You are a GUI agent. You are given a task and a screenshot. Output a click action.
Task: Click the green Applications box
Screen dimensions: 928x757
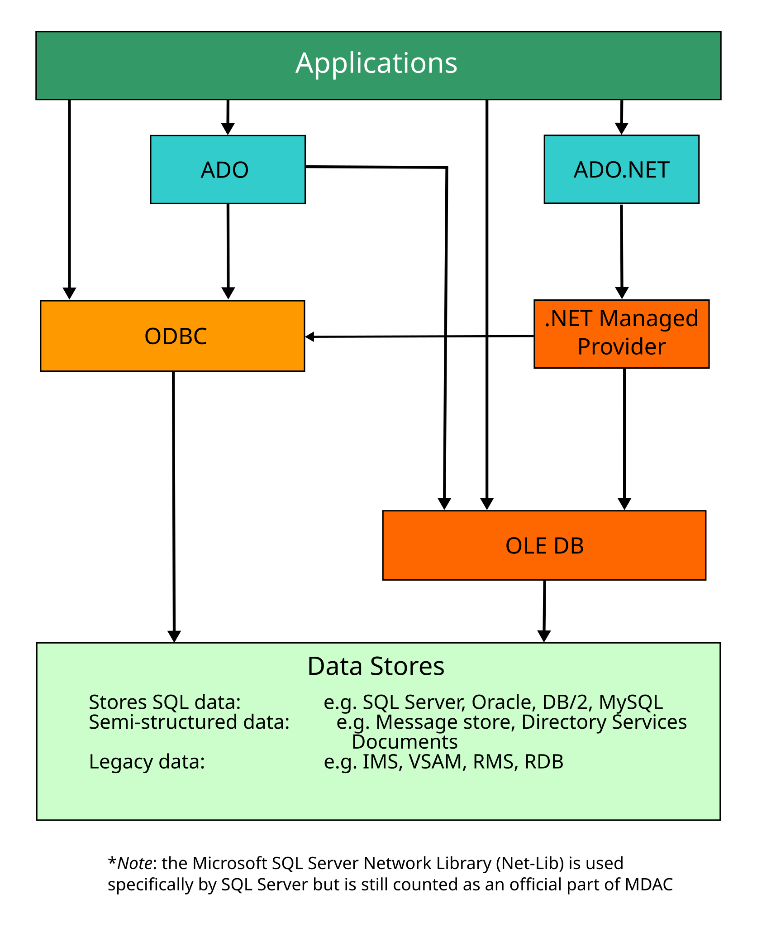pos(378,65)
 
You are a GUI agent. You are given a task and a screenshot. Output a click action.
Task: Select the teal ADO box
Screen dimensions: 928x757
pos(228,169)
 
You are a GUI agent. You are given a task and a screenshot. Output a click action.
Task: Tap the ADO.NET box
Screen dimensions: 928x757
pos(621,169)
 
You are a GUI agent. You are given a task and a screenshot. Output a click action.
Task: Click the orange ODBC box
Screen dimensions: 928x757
pos(172,336)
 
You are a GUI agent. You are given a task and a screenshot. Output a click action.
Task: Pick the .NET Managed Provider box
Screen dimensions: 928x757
pos(621,334)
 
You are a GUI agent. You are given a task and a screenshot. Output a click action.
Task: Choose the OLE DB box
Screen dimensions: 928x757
pos(544,545)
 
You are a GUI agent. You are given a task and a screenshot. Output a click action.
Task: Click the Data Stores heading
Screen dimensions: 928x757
pos(376,666)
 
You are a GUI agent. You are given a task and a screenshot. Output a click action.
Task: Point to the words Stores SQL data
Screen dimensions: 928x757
pos(164,702)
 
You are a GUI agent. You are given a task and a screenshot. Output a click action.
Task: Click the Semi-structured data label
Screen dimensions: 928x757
pos(189,722)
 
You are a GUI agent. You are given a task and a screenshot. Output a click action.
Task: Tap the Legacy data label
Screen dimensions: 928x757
pos(147,762)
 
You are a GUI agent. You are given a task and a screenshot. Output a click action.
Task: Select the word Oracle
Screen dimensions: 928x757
pos(501,702)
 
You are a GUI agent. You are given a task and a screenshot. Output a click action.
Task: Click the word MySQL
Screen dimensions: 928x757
pos(631,702)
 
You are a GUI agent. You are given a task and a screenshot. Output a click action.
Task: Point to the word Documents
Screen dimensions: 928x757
pos(405,742)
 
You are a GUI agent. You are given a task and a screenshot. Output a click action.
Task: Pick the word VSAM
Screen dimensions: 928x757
pos(437,762)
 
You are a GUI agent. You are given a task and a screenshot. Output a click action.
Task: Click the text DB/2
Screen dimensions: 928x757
pos(565,702)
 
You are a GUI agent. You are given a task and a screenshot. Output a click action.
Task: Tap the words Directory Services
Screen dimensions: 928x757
pos(604,722)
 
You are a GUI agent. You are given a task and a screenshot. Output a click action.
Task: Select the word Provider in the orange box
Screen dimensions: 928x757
pos(621,347)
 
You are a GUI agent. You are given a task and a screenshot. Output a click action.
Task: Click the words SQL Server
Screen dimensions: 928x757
pos(414,702)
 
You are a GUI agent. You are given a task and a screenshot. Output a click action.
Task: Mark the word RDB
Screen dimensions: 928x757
pos(544,762)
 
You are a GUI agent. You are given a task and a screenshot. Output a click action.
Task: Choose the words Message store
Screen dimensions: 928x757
pos(445,722)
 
